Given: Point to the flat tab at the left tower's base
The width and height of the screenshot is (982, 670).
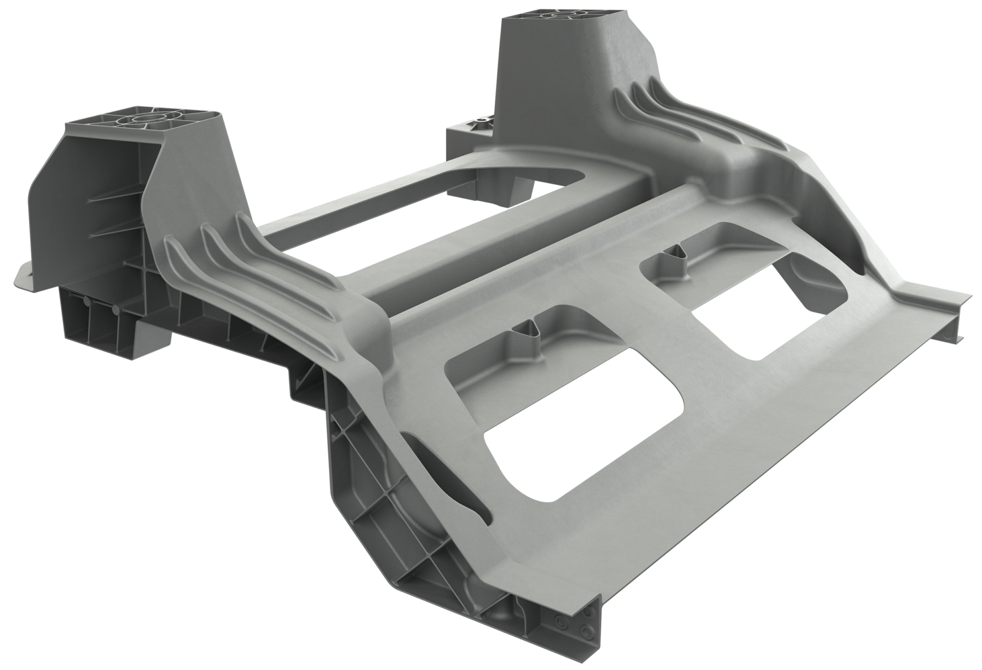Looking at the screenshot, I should (23, 276).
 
